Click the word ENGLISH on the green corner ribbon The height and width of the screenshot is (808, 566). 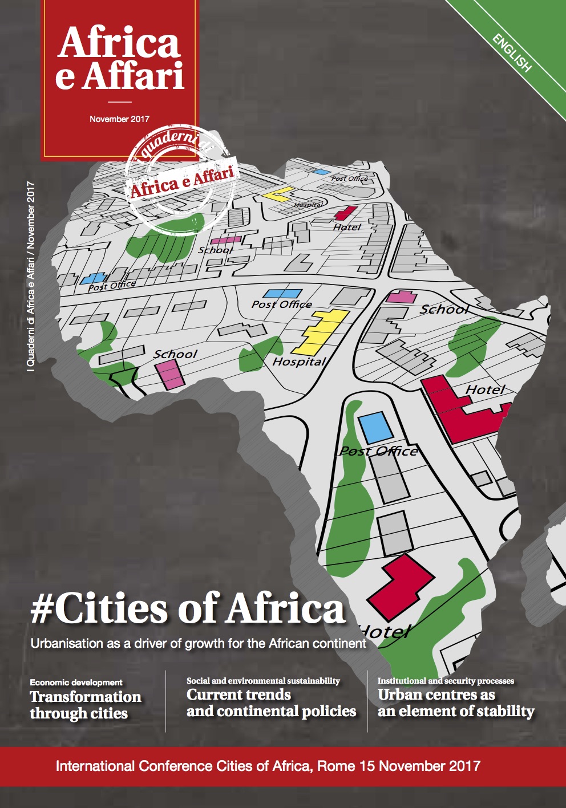[512, 53]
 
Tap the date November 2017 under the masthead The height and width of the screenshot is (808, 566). [119, 119]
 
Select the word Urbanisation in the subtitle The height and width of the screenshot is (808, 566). [66, 644]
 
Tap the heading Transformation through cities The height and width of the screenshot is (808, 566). [85, 705]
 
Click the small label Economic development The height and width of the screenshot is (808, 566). [76, 682]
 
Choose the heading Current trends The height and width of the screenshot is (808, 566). [238, 695]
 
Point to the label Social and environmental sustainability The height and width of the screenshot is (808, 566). [263, 681]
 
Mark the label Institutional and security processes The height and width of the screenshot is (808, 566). [446, 681]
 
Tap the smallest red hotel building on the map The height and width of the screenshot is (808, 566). [345, 214]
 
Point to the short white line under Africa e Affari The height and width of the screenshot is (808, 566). [119, 101]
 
